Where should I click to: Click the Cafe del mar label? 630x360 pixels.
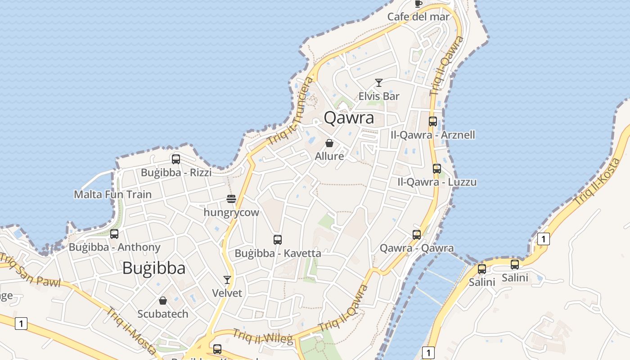(418, 17)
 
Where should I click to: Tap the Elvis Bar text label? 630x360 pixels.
(379, 96)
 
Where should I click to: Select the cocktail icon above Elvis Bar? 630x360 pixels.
(379, 83)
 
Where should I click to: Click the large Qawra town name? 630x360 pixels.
(349, 118)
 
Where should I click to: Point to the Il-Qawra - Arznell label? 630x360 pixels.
(433, 135)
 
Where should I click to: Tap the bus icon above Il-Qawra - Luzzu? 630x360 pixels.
(436, 169)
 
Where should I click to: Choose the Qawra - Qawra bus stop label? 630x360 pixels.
(417, 248)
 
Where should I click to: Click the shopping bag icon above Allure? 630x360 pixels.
(329, 144)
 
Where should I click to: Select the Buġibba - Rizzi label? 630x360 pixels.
(176, 173)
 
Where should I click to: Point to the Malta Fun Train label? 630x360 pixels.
(112, 195)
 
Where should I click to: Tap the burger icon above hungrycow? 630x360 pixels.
(231, 199)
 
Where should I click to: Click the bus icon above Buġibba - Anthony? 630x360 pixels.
(114, 234)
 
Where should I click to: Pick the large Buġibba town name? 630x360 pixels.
(154, 268)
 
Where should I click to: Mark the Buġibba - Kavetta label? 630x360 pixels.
(278, 253)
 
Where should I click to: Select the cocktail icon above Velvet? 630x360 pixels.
(227, 280)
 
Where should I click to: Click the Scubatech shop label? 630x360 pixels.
(163, 314)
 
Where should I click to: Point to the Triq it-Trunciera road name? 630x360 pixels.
(290, 111)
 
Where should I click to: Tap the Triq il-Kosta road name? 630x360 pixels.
(597, 182)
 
